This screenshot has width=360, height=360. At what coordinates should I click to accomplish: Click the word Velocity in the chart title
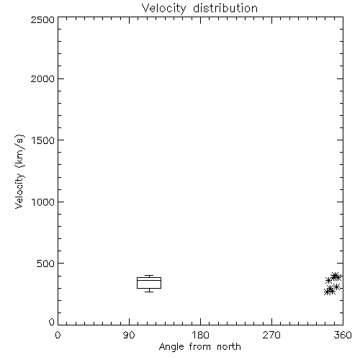click(164, 9)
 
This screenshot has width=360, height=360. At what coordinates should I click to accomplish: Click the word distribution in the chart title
click(225, 8)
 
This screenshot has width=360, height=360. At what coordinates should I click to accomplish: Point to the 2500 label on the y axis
click(42, 19)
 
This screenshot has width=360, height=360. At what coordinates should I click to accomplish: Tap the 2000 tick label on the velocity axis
click(42, 78)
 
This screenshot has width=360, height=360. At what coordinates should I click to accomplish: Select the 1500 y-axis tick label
click(43, 140)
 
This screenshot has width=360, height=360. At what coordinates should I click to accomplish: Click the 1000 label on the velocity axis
click(43, 202)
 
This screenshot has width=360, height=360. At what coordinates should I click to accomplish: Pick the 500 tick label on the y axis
click(46, 264)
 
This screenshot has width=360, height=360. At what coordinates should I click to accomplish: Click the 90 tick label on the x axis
click(129, 335)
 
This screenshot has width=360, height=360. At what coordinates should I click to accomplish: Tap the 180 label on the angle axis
click(200, 335)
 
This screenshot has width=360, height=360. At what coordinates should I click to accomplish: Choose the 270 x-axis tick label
click(271, 335)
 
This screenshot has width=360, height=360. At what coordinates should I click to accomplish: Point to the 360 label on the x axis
click(343, 335)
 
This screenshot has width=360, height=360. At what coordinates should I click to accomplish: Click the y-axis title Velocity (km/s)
click(19, 171)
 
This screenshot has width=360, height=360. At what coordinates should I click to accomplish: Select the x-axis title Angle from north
click(200, 347)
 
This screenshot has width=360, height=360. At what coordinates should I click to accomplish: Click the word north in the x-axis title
click(229, 346)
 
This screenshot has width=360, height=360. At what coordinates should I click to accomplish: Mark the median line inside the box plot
click(149, 280)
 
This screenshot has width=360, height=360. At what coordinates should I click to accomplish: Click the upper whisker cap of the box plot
click(149, 276)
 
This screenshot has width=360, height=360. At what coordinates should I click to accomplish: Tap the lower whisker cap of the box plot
click(149, 292)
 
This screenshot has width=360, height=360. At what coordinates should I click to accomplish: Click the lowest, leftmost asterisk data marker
click(327, 292)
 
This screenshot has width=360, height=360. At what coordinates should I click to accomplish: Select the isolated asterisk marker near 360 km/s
click(328, 280)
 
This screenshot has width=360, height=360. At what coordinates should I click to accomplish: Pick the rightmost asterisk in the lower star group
click(336, 287)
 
